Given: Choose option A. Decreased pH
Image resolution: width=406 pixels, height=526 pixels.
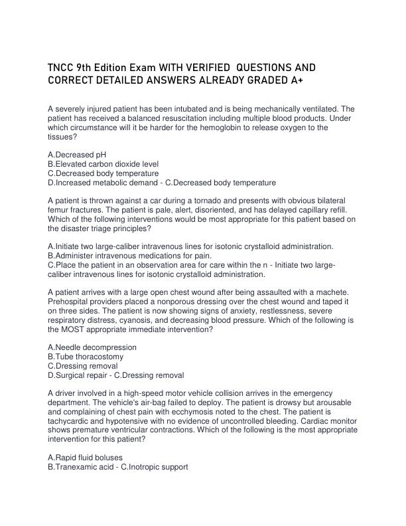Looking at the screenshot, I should pyautogui.click(x=77, y=154).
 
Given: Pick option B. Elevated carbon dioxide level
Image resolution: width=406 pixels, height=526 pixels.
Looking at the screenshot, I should pyautogui.click(x=103, y=163).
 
